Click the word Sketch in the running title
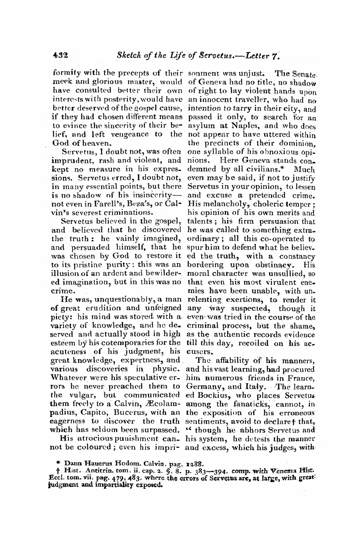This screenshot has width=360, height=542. [x=128, y=56]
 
